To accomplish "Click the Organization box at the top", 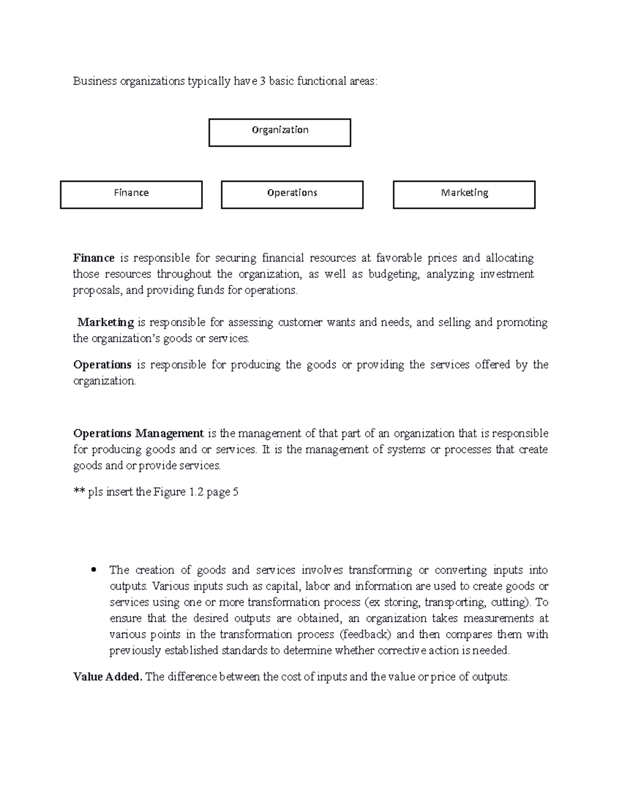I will (x=280, y=133).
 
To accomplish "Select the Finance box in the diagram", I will (x=131, y=195).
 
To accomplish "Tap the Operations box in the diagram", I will (x=292, y=195).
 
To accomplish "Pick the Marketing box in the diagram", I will (x=464, y=195).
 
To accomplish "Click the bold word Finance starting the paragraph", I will (x=94, y=258).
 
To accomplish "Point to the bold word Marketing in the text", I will (x=106, y=322).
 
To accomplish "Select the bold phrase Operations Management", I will (x=138, y=433).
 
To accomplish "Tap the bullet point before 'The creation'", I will (x=94, y=571).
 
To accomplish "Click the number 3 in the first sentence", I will (x=263, y=81).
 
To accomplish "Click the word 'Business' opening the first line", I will (x=95, y=81).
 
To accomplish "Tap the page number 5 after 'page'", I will (x=235, y=492).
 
